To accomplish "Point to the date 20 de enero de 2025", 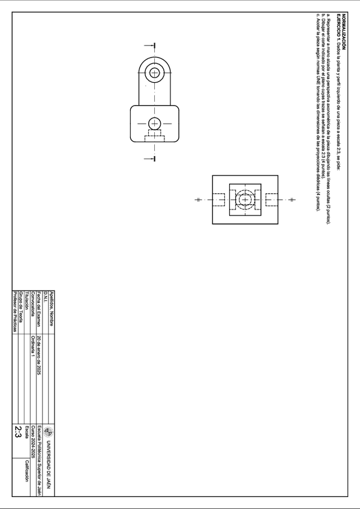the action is (x=38, y=356).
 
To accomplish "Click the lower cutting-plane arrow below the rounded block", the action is (x=154, y=158).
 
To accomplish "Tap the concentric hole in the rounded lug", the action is (x=155, y=73).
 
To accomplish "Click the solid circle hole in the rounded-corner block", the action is (x=154, y=124).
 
